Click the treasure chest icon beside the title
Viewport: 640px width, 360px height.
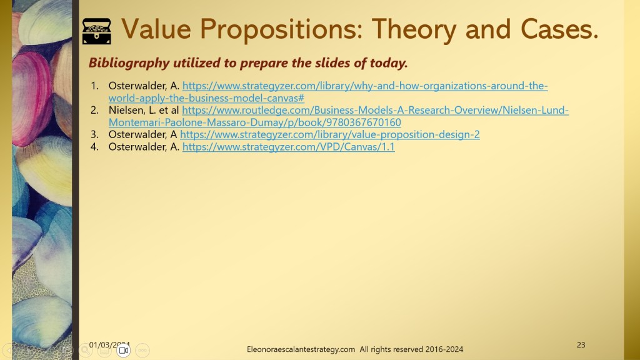97,31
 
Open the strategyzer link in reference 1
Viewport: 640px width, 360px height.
328,92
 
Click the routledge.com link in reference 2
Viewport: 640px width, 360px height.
338,116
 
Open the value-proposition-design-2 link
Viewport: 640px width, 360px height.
330,134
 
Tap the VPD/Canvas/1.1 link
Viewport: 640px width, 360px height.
289,146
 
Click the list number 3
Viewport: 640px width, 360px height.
95,134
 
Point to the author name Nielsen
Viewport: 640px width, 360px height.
127,110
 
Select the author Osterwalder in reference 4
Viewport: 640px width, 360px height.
138,146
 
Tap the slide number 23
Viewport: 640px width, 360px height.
581,345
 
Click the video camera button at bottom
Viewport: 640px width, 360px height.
123,350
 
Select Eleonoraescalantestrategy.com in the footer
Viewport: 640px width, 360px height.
301,349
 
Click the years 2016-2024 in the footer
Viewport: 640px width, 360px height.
444,349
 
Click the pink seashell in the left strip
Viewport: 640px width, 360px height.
32,98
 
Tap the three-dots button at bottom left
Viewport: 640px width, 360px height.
142,350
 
